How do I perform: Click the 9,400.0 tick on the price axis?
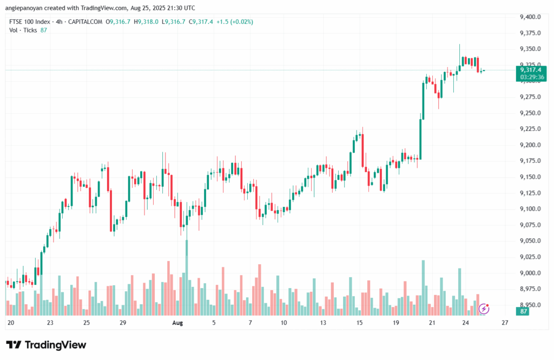pos(530,17)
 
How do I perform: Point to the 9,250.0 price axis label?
pos(530,113)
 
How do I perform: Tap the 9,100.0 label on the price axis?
pos(530,209)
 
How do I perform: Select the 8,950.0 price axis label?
pos(530,305)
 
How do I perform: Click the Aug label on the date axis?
pos(177,323)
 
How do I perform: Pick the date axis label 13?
pos(323,323)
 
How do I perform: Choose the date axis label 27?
pos(505,323)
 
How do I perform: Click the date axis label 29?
pos(123,323)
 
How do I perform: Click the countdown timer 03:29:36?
pos(532,77)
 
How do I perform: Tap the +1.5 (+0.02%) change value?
pos(234,22)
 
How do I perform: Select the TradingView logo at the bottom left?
pos(46,345)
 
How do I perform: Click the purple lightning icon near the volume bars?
pos(485,309)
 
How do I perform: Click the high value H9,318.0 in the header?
pos(146,22)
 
